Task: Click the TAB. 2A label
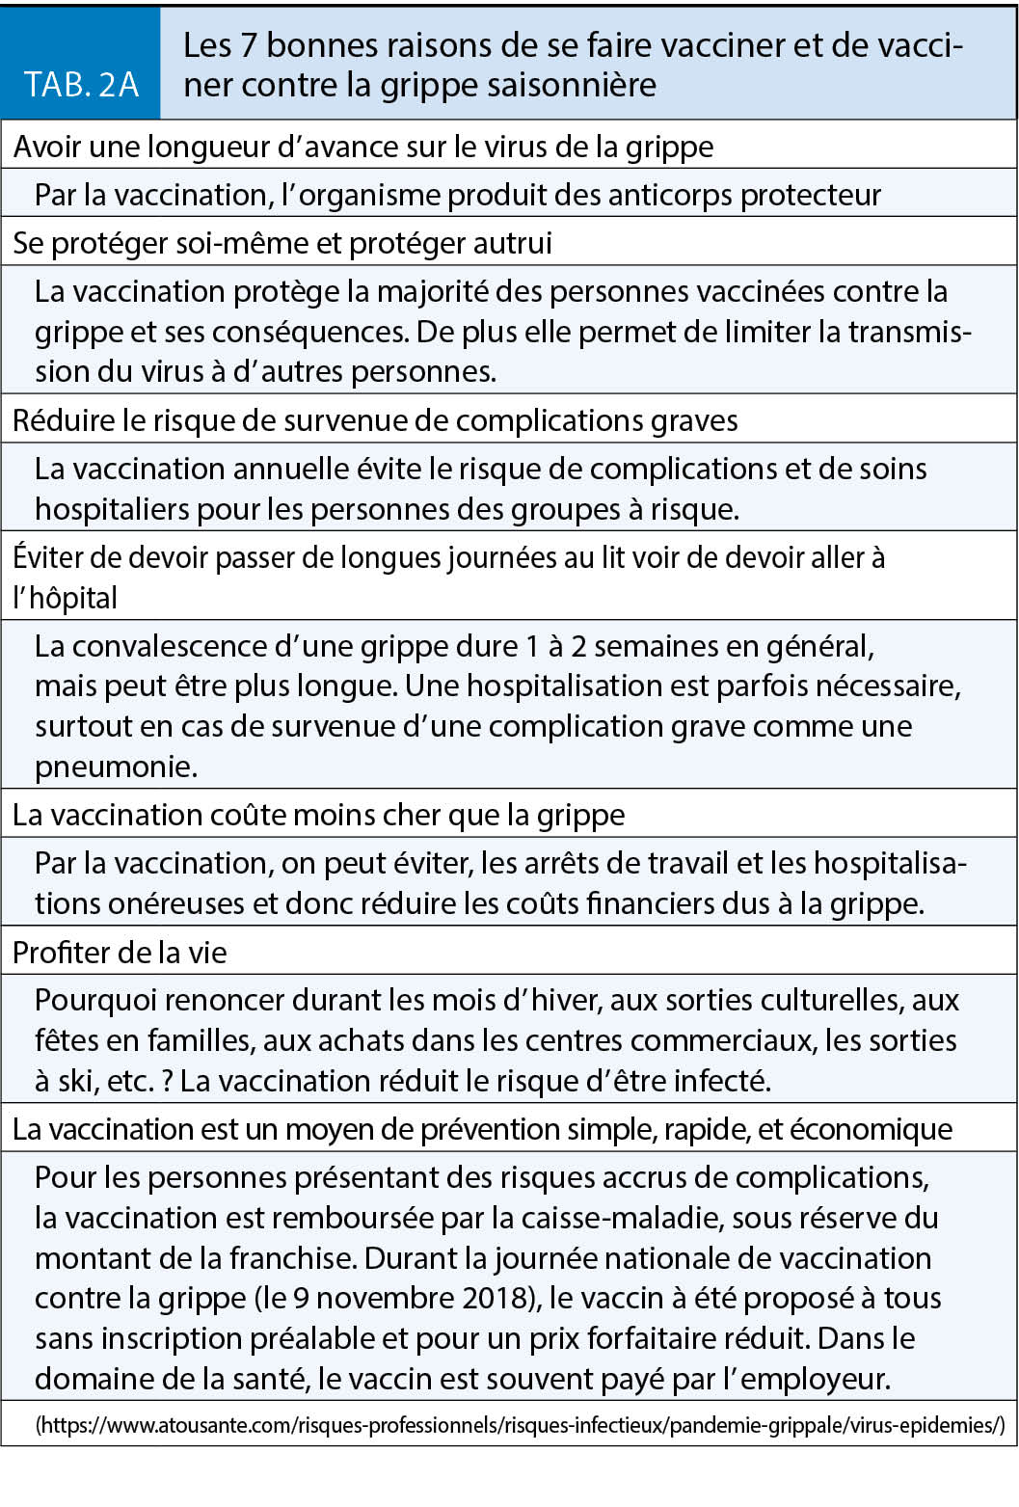81,85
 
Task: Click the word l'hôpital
65,598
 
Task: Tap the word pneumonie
114,767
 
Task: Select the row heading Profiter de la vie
120,953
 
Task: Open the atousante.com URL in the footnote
520,1425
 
